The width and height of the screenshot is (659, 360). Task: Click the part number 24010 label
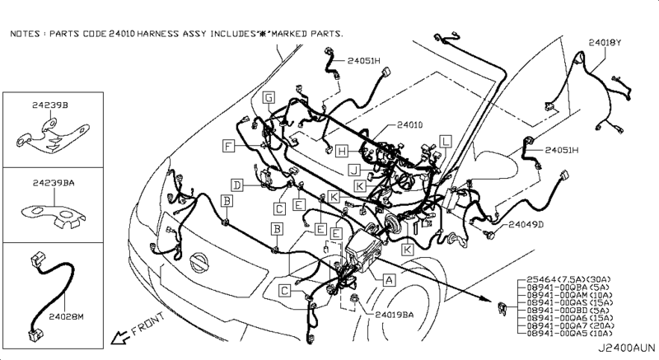[409, 126]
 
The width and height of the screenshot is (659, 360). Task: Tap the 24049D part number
[526, 223]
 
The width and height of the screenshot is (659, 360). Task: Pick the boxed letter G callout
[269, 98]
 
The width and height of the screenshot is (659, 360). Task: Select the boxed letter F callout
[227, 146]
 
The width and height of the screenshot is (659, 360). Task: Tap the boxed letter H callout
[340, 151]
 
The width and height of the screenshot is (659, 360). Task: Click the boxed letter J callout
[352, 170]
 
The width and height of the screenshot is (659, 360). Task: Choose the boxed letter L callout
[445, 141]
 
